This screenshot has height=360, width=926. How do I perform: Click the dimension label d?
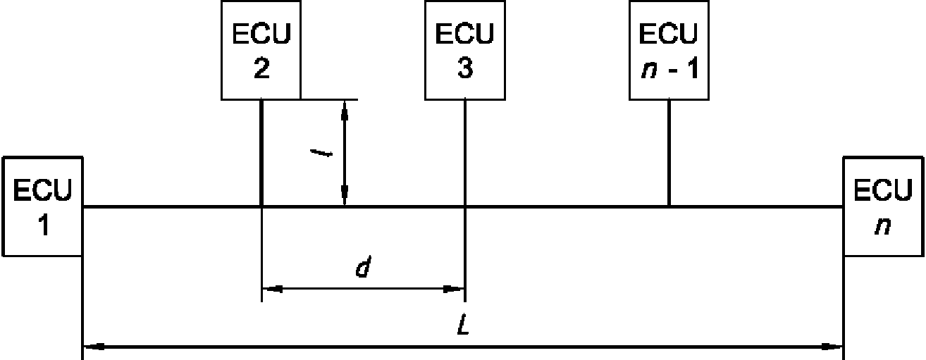coord(364,267)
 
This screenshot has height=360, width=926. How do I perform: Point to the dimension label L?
coord(464,325)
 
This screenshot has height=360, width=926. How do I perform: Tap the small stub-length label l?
coord(321,154)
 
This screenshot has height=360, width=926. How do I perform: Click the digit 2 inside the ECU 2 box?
coord(261,68)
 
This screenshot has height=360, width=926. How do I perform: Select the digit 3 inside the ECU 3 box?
coord(466,68)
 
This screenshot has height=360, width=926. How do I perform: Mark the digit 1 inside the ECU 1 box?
coord(44,225)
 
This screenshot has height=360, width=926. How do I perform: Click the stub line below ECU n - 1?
coord(669,153)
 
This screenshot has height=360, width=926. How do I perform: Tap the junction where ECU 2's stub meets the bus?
coord(261,206)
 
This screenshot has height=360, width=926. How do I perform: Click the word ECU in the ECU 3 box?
coord(464,34)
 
